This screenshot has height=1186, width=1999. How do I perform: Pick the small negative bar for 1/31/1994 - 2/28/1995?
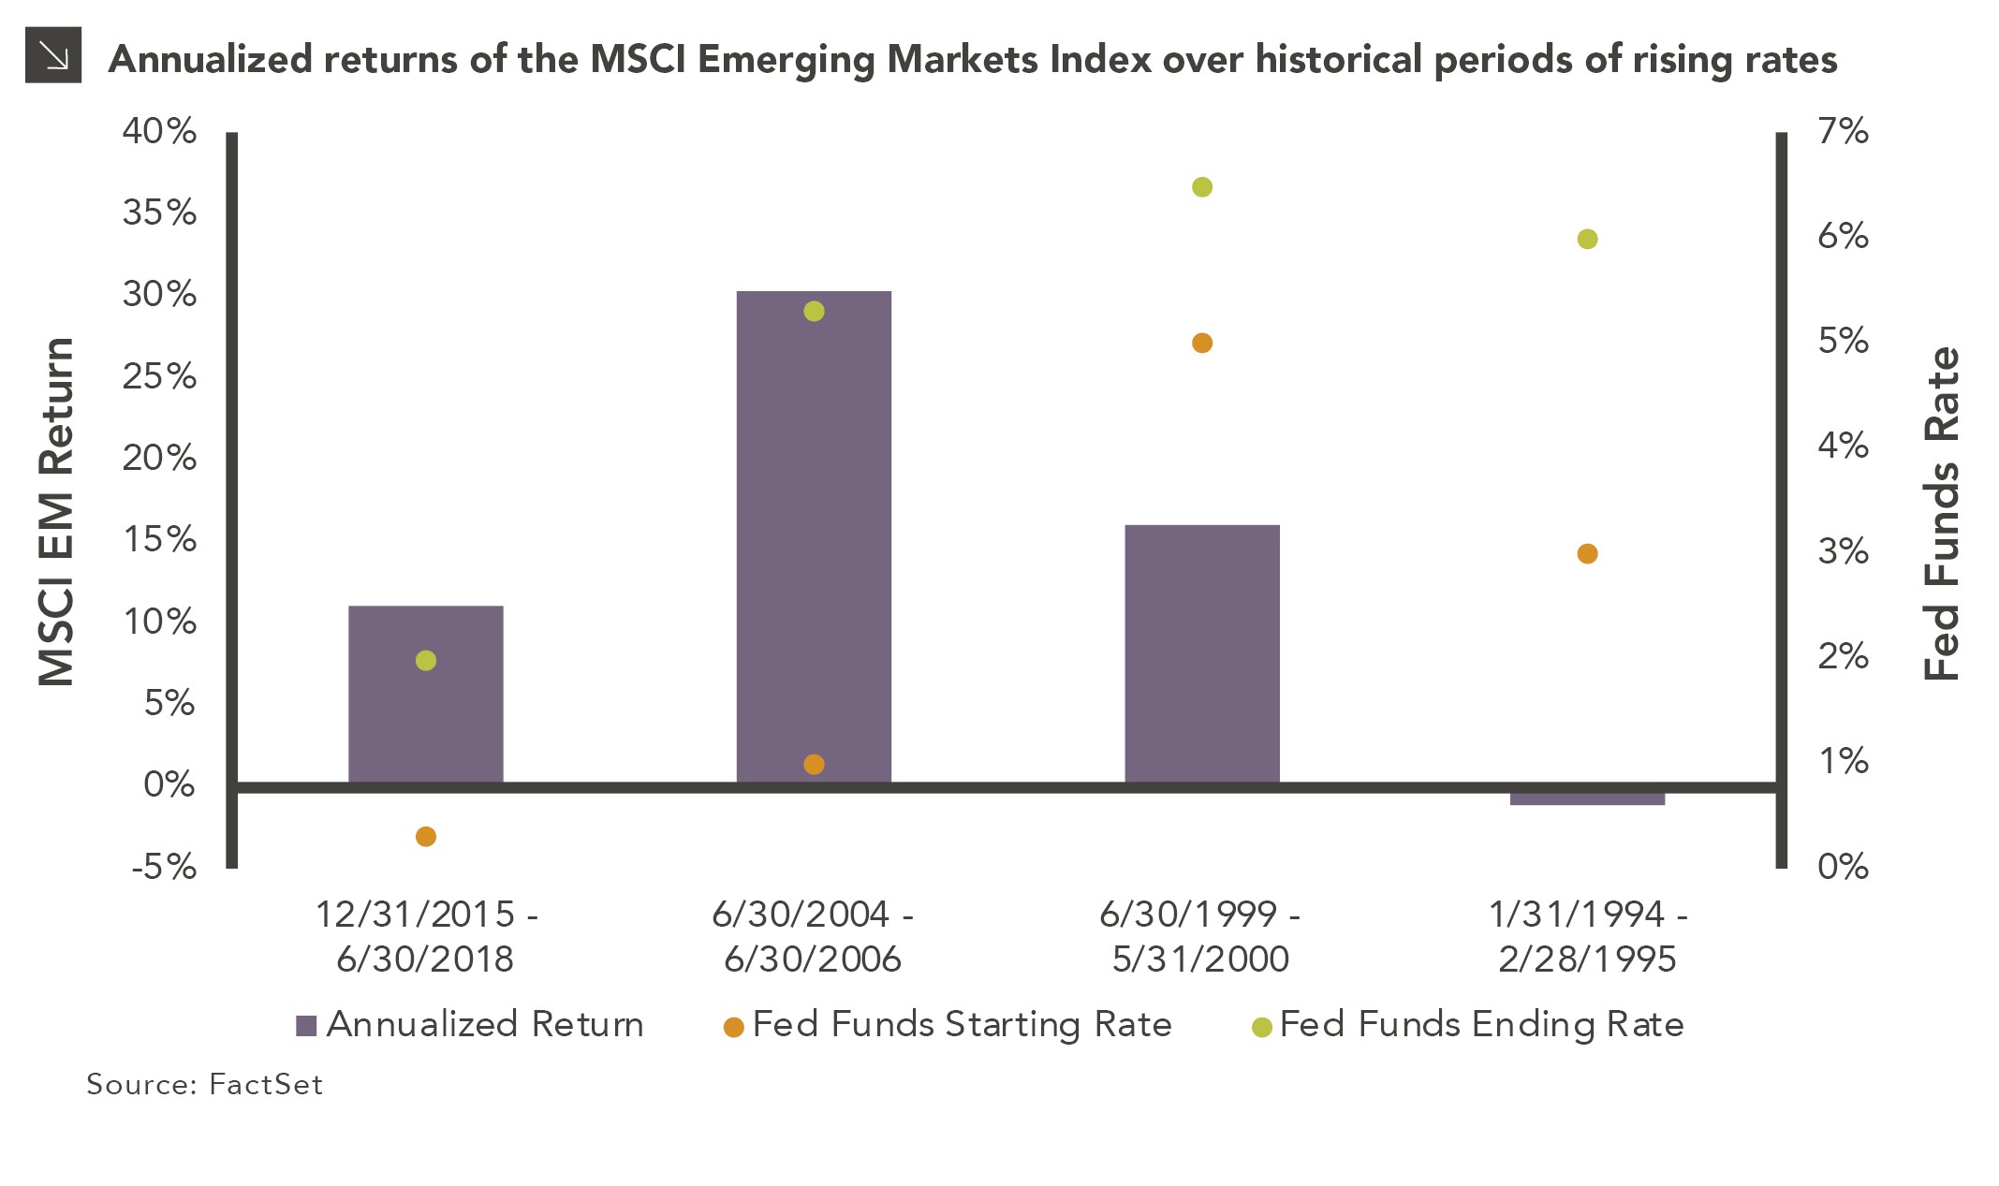pyautogui.click(x=1587, y=798)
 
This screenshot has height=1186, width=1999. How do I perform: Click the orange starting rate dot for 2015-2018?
pyautogui.click(x=425, y=836)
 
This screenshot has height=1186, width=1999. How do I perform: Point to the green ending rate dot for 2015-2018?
pyautogui.click(x=425, y=661)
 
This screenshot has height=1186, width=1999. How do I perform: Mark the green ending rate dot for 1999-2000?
pyautogui.click(x=1202, y=187)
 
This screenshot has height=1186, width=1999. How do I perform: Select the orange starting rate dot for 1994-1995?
pyautogui.click(x=1587, y=554)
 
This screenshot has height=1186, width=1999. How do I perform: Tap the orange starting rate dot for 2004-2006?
pyautogui.click(x=814, y=765)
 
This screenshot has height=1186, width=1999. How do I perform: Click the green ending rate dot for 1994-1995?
pyautogui.click(x=1587, y=240)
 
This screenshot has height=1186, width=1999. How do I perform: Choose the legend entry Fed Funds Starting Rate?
pyautogui.click(x=947, y=1025)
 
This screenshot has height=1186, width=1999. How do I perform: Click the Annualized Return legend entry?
pyautogui.click(x=469, y=1025)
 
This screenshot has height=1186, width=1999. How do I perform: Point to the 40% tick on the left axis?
pyautogui.click(x=160, y=131)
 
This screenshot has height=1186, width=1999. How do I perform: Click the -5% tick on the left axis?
pyautogui.click(x=164, y=867)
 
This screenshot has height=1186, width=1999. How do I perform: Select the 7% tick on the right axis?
pyautogui.click(x=1843, y=131)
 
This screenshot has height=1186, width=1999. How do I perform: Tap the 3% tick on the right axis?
pyautogui.click(x=1843, y=551)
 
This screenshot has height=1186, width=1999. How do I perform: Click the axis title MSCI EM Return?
pyautogui.click(x=56, y=512)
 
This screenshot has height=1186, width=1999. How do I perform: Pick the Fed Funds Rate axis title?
pyautogui.click(x=1941, y=513)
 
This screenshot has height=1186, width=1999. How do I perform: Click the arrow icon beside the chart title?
pyautogui.click(x=53, y=55)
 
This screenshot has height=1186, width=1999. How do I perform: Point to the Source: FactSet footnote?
pyautogui.click(x=204, y=1084)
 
